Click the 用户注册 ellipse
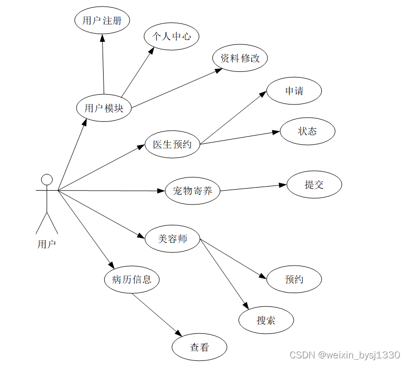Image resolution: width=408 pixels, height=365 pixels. pyautogui.click(x=102, y=21)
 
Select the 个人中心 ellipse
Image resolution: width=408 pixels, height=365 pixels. pyautogui.click(x=171, y=36)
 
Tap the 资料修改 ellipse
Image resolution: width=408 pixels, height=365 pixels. pyautogui.click(x=240, y=58)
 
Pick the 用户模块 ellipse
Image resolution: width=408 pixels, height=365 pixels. pyautogui.click(x=104, y=108)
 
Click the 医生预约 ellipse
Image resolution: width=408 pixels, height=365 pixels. pyautogui.click(x=173, y=144)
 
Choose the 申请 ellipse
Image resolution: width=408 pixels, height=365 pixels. pyautogui.click(x=294, y=91)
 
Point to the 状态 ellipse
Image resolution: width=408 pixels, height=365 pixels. pyautogui.click(x=307, y=131)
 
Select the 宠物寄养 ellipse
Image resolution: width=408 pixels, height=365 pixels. pyautogui.click(x=193, y=191)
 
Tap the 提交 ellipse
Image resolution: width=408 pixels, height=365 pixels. pyautogui.click(x=314, y=185)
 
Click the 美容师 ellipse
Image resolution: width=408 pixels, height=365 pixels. pyautogui.click(x=173, y=238)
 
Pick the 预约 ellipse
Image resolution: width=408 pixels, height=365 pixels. pyautogui.click(x=294, y=279)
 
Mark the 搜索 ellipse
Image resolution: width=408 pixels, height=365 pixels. pyautogui.click(x=266, y=320)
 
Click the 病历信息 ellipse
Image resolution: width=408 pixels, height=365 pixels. pyautogui.click(x=132, y=279)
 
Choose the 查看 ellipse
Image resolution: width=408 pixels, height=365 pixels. pyautogui.click(x=200, y=347)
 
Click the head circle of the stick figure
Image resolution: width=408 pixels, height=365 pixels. pyautogui.click(x=47, y=179)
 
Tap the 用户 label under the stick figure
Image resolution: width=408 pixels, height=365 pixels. pyautogui.click(x=46, y=244)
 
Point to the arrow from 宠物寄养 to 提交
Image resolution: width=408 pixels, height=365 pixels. pyautogui.click(x=253, y=188)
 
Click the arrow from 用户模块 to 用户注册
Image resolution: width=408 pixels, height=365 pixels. pyautogui.click(x=103, y=64)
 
